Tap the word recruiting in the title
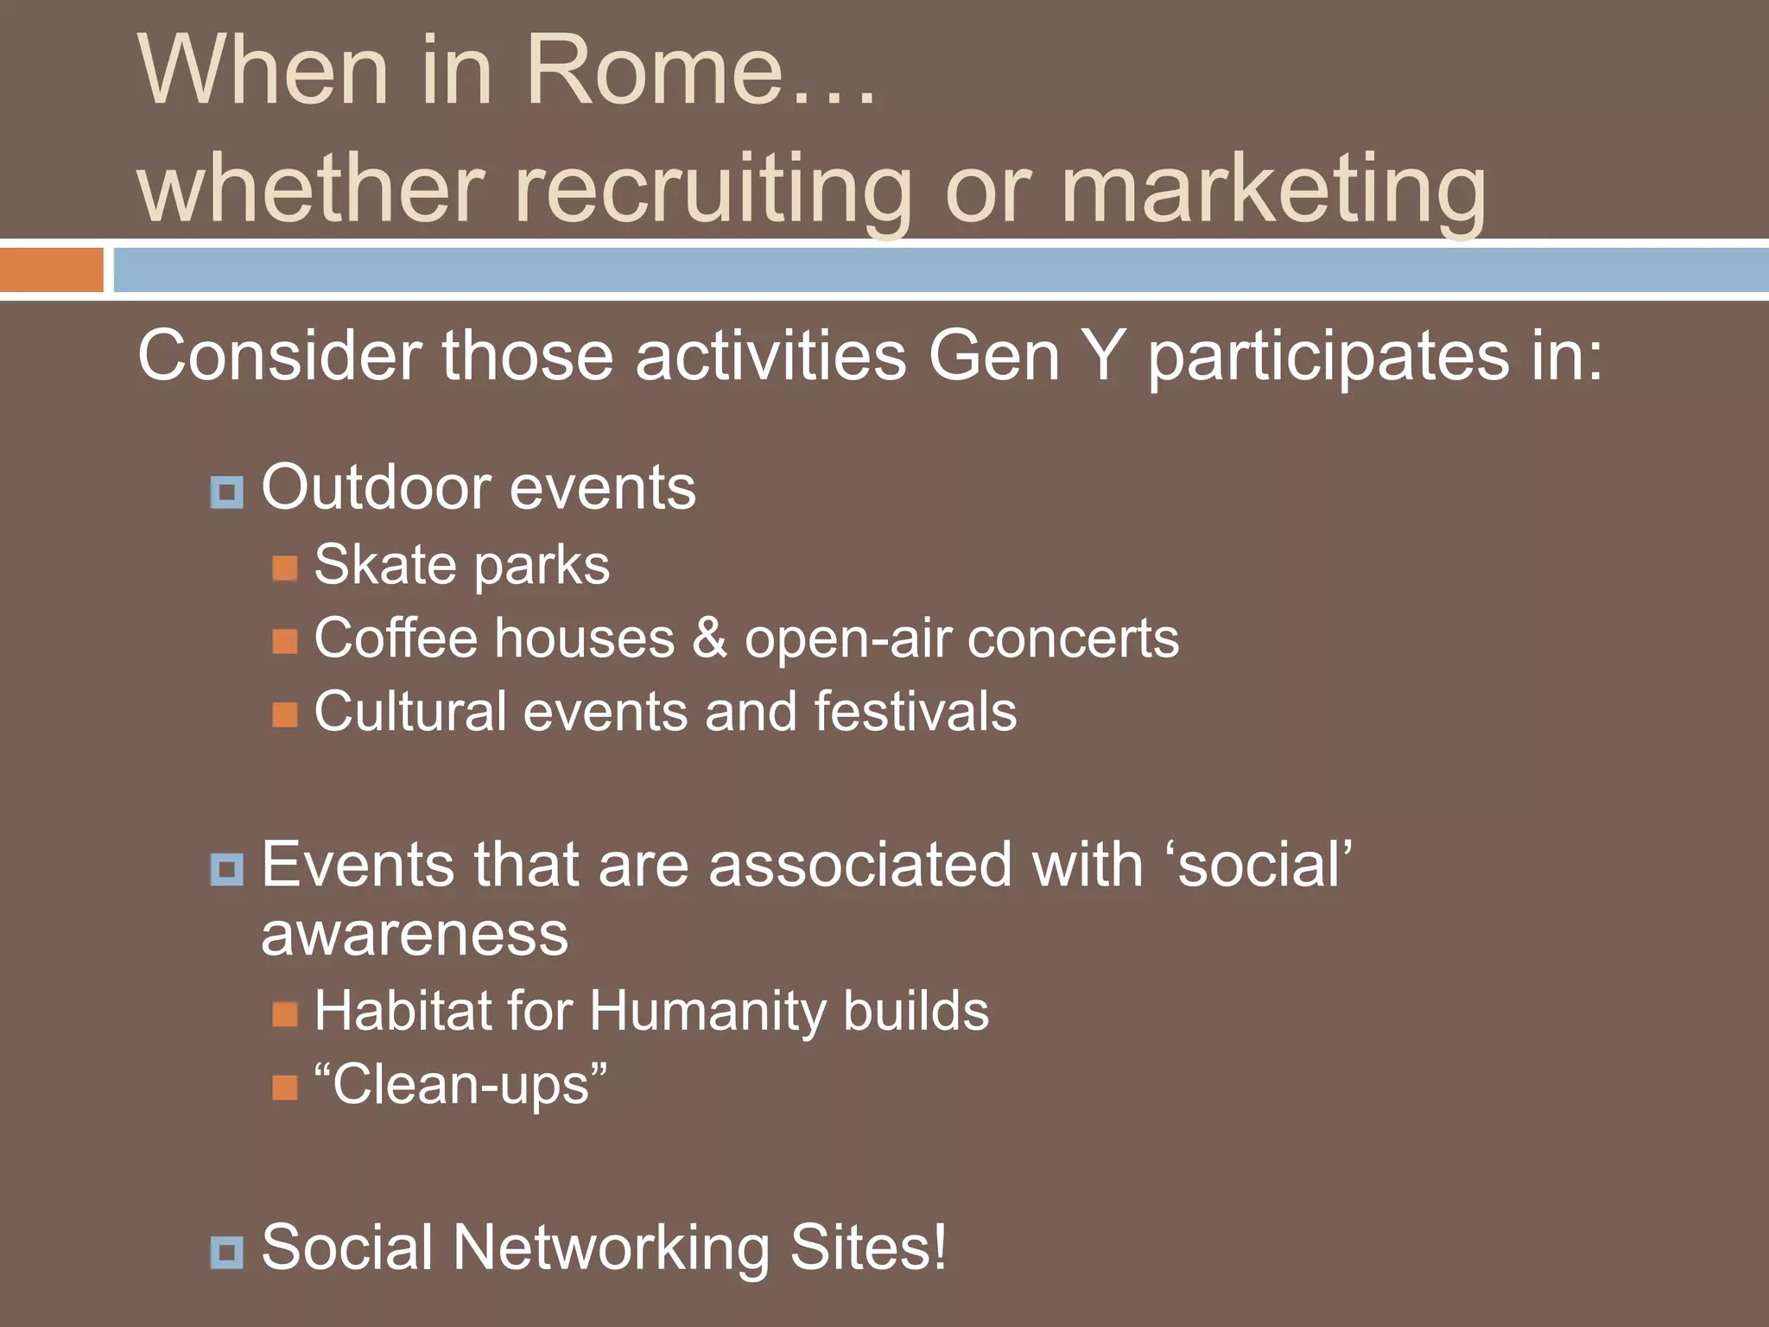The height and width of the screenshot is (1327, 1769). coord(713,190)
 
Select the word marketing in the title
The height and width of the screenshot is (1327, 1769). coord(1273,190)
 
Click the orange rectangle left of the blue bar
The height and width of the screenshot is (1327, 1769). coord(51,270)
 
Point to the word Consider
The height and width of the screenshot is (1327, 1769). coord(280,356)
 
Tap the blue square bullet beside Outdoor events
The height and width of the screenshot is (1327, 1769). coord(227,492)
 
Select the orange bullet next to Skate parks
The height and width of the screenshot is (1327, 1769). coord(285,568)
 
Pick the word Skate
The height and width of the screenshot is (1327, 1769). coord(384,565)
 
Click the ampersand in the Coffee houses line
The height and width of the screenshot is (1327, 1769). coord(709,639)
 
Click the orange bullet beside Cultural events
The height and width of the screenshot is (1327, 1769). coord(285,714)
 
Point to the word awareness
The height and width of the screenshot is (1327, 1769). coord(415,936)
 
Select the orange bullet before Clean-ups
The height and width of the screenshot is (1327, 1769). coord(285,1087)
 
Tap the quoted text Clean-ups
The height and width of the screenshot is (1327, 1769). coord(460,1085)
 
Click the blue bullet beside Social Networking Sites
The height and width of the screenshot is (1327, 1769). coord(227,1252)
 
